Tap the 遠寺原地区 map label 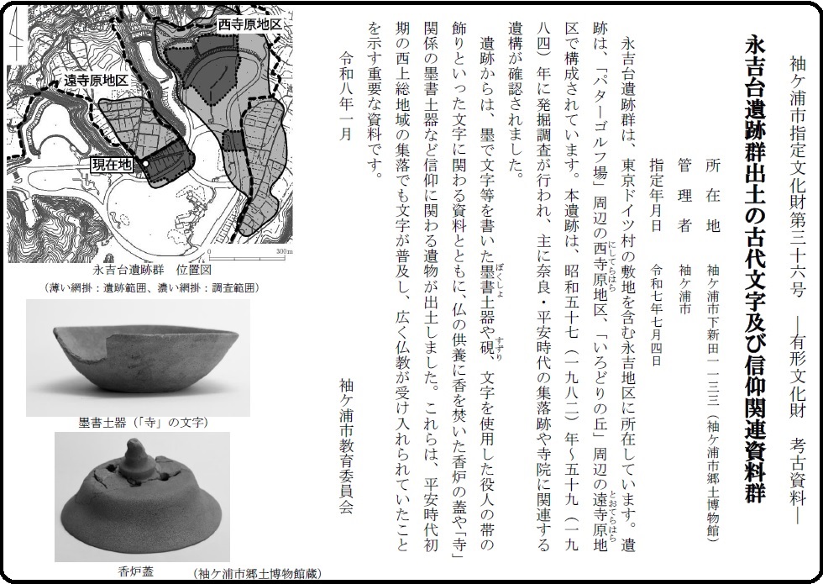[x=96, y=81]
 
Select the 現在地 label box [x=112, y=165]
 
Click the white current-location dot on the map [x=146, y=165]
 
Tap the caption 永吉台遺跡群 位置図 [x=152, y=271]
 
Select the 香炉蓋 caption [x=136, y=571]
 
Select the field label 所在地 [x=711, y=194]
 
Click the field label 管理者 [x=684, y=194]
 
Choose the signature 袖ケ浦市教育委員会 [x=346, y=445]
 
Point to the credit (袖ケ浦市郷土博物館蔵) [x=257, y=573]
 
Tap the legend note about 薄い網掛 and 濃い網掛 [x=152, y=287]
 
